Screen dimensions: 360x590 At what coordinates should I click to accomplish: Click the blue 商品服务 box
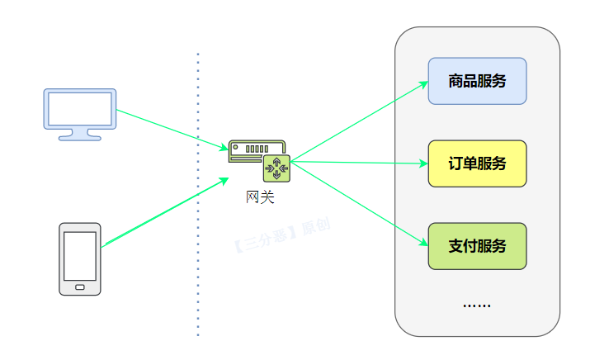pyautogui.click(x=477, y=81)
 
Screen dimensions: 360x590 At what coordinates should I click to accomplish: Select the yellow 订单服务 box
pyautogui.click(x=477, y=163)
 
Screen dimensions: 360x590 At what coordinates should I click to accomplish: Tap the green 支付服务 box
pyautogui.click(x=477, y=246)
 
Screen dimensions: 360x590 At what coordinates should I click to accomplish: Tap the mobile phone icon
pyautogui.click(x=80, y=258)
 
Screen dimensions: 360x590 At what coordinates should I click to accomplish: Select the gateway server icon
pyautogui.click(x=257, y=159)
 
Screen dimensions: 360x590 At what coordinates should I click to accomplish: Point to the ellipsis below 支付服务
pyautogui.click(x=476, y=306)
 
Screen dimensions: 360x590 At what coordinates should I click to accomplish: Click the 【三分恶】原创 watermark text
pyautogui.click(x=281, y=235)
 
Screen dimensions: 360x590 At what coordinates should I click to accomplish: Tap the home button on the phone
pyautogui.click(x=80, y=287)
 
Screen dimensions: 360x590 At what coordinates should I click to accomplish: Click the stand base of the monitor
pyautogui.click(x=80, y=137)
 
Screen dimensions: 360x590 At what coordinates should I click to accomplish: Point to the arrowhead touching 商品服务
pyautogui.click(x=423, y=84)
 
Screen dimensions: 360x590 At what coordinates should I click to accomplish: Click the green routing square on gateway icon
pyautogui.click(x=276, y=168)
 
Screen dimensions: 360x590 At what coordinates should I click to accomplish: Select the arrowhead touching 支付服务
pyautogui.click(x=423, y=244)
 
